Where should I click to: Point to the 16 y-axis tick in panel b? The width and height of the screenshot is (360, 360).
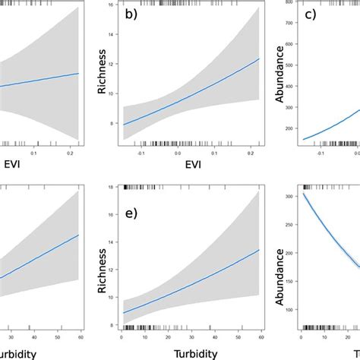click(x=112, y=6)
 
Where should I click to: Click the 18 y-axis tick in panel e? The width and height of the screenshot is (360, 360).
click(x=112, y=187)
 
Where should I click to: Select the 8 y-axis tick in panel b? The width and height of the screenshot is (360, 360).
click(x=114, y=123)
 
